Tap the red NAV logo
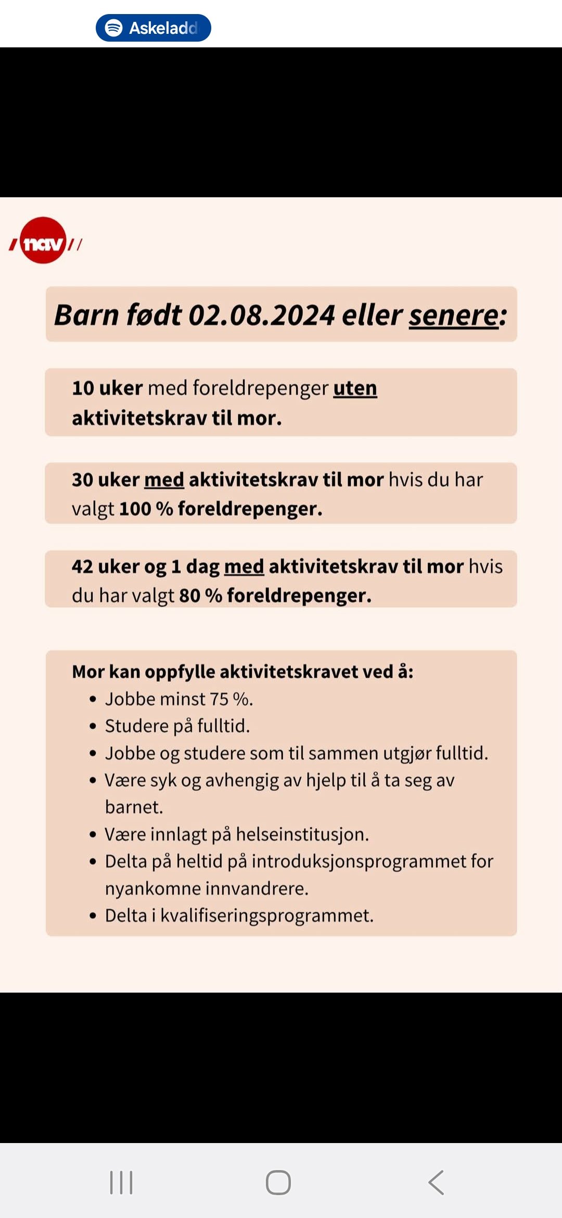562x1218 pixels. [44, 241]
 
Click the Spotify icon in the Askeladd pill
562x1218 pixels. [113, 28]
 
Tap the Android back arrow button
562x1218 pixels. [436, 1183]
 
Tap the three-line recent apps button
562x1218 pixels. [121, 1183]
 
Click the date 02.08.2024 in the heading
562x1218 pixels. [261, 315]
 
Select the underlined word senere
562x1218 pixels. [454, 315]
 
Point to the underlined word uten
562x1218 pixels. [355, 388]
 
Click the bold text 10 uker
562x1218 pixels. [107, 388]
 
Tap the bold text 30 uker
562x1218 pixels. [106, 479]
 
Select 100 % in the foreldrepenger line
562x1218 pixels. [146, 509]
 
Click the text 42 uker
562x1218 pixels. [106, 566]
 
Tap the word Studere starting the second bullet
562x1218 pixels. [135, 726]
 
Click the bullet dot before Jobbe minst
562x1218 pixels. [93, 699]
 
